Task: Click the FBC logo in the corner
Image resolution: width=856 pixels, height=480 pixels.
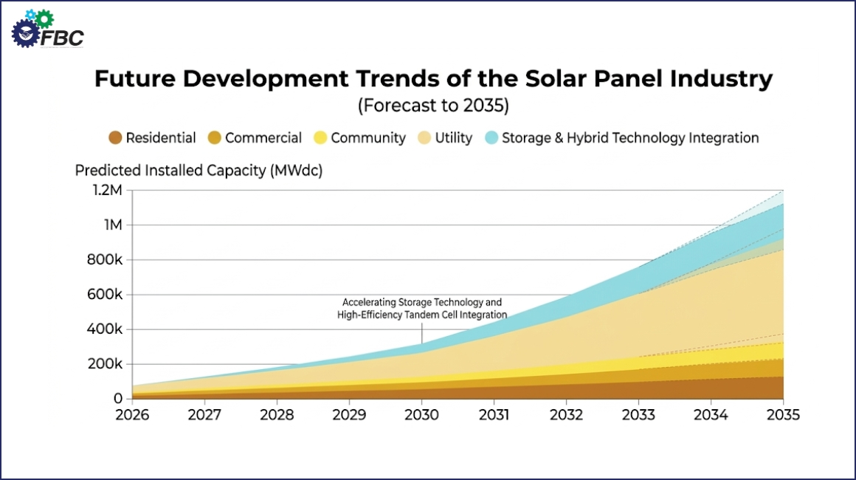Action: tap(47, 30)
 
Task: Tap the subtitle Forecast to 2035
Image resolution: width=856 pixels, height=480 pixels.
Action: tap(433, 106)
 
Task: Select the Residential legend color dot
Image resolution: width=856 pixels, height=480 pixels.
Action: tap(114, 138)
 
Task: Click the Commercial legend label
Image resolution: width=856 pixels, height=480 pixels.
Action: tap(263, 138)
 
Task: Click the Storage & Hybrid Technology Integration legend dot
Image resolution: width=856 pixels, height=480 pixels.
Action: tap(492, 138)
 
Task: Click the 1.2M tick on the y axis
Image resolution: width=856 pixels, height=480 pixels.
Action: tap(106, 191)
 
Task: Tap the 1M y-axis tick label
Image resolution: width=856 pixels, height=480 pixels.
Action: tap(111, 225)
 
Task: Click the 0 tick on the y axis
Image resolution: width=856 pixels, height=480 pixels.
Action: tap(117, 399)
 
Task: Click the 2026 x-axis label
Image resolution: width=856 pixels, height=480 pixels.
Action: tap(132, 415)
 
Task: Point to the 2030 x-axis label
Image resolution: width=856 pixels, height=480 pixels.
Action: tap(421, 415)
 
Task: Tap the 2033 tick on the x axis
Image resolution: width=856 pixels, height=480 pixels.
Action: tap(638, 415)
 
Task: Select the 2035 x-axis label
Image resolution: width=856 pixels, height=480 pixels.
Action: tap(783, 415)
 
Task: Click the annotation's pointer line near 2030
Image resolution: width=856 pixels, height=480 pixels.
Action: tap(421, 333)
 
